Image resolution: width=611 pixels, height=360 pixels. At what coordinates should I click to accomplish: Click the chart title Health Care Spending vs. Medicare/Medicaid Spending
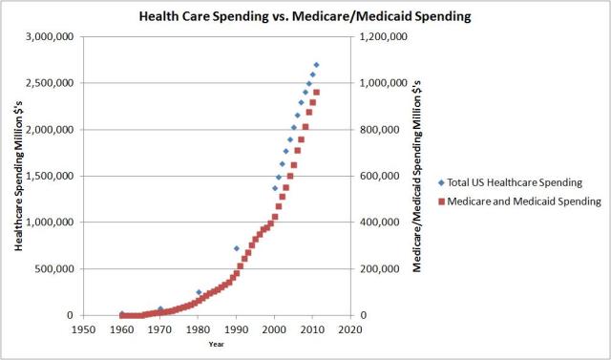[305, 16]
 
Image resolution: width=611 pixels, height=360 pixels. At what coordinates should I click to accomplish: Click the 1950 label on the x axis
[84, 331]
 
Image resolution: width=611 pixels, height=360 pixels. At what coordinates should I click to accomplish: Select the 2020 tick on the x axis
[350, 331]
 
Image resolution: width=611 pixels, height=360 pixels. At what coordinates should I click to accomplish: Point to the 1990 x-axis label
[236, 331]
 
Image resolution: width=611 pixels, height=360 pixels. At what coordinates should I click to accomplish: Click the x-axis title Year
[217, 345]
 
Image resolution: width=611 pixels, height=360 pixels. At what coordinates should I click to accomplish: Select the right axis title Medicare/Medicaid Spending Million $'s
[417, 177]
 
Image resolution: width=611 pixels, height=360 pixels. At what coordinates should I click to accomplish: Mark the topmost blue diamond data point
[316, 65]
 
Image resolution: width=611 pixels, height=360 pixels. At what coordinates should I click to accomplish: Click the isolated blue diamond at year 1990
[237, 248]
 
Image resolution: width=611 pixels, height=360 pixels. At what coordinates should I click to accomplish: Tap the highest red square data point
[316, 93]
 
